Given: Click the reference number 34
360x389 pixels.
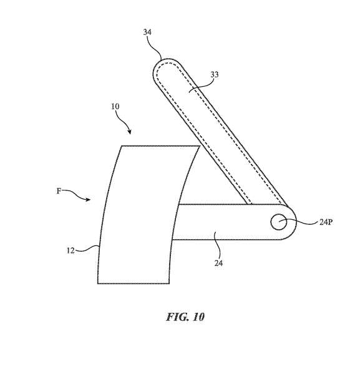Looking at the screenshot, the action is [x=147, y=32].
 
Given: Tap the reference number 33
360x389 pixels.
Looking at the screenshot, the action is [x=215, y=74].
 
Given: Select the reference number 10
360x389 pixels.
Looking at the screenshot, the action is [x=115, y=106].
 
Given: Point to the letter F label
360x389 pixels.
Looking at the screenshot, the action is [x=59, y=191].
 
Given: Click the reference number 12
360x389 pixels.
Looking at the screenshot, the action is [x=71, y=250].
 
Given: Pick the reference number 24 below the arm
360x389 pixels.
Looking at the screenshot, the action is [x=218, y=263].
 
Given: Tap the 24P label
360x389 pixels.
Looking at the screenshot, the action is [x=326, y=222].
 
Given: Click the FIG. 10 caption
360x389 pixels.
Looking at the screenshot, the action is [x=185, y=317].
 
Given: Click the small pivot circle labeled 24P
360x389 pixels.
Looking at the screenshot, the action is [x=279, y=222].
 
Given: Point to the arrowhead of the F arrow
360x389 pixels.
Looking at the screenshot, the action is [x=88, y=199].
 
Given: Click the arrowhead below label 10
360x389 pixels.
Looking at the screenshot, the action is [x=129, y=132].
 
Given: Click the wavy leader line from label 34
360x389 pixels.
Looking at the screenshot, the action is [x=155, y=48].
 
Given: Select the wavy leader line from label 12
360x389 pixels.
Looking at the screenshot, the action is [x=87, y=249].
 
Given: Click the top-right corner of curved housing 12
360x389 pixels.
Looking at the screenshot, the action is [x=200, y=146].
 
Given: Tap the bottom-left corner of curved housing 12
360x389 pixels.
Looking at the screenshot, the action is [x=97, y=283].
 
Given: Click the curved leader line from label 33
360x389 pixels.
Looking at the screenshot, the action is [x=201, y=87].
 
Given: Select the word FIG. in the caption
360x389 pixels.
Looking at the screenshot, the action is [x=176, y=317].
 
